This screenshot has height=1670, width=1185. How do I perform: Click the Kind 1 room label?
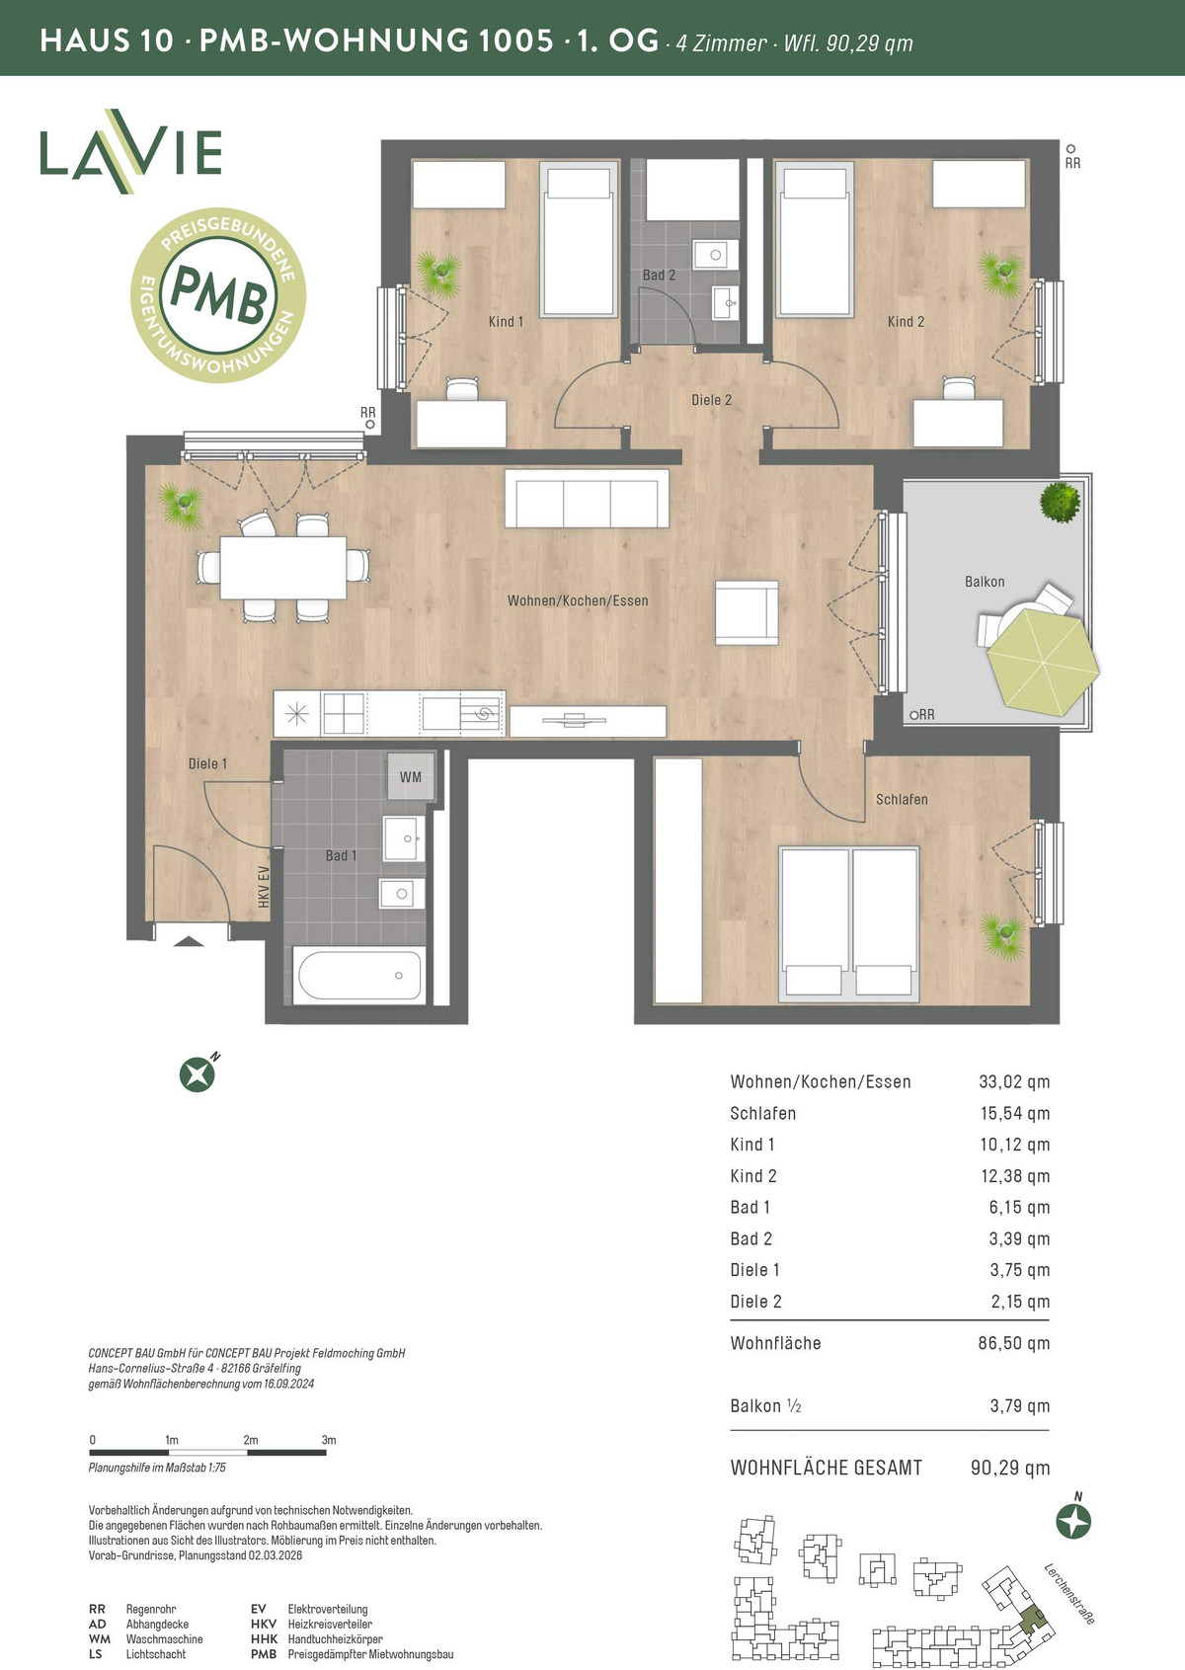(x=506, y=321)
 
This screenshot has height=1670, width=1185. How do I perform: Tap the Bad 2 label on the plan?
(x=659, y=276)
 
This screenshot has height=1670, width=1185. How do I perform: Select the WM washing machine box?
(x=410, y=777)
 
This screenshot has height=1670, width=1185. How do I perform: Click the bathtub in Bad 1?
(x=359, y=975)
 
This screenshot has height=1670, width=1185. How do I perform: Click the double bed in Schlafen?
(x=849, y=923)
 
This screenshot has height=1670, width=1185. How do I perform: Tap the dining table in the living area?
(x=283, y=567)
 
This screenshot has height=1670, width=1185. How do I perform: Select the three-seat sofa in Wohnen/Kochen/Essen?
(x=587, y=499)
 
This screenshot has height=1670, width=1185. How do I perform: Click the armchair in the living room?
(x=747, y=613)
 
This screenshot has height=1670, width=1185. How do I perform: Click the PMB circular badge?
(x=218, y=295)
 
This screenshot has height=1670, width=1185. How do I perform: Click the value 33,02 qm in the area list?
(x=1013, y=1081)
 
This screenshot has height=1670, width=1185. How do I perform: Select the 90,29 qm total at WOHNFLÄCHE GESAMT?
(x=1010, y=1468)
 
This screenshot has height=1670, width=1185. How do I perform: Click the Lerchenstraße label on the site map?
(x=1069, y=1593)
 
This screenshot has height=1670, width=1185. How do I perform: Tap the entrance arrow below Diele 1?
(x=189, y=941)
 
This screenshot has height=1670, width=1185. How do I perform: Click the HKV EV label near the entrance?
(x=263, y=887)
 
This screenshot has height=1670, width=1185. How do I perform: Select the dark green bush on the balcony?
(x=1061, y=502)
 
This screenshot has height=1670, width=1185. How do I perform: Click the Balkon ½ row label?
(x=765, y=1406)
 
